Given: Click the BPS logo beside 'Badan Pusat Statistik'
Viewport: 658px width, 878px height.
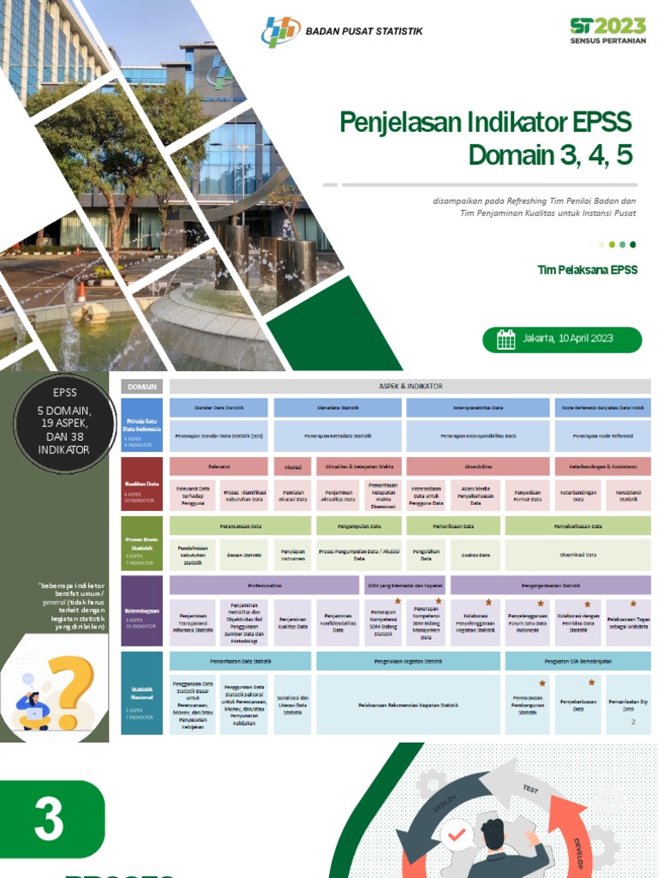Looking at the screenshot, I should click(x=281, y=32).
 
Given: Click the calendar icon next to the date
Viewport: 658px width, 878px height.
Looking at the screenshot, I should click(x=506, y=339).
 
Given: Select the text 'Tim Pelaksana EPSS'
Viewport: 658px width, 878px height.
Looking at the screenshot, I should click(x=587, y=270).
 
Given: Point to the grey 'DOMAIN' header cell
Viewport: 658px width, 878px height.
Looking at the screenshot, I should click(x=141, y=386).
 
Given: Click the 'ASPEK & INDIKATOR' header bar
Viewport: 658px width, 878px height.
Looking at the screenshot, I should click(x=410, y=386).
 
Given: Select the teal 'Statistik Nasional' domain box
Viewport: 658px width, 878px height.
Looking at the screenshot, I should click(x=141, y=693).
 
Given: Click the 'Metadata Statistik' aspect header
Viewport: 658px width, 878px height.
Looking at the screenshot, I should click(x=338, y=408).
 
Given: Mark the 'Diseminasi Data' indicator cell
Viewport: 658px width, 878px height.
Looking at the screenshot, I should click(x=577, y=555).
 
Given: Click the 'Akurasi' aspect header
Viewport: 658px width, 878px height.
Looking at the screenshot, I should click(x=292, y=467).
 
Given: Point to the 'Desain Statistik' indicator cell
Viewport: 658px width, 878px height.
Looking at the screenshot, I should click(x=243, y=555).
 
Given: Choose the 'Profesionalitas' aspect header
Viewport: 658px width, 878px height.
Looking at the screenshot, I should click(x=264, y=586).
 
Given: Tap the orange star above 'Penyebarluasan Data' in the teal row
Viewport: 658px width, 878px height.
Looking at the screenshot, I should click(x=591, y=683).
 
